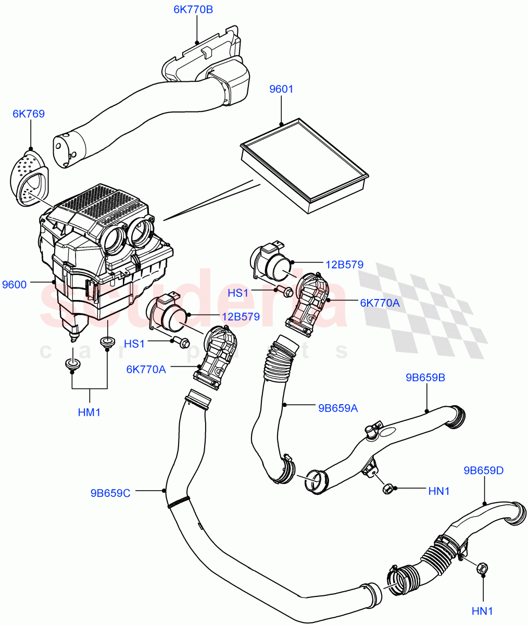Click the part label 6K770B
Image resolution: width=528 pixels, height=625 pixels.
pos(196,9)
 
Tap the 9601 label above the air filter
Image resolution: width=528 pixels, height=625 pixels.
pos(281,89)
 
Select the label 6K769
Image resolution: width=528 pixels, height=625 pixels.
pos(29,114)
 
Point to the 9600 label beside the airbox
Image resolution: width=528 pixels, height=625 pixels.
pos(15,284)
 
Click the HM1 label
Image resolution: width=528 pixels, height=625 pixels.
pos(89,413)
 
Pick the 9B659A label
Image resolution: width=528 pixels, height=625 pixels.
pos(337,408)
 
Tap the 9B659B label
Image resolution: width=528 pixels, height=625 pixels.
pos(425,377)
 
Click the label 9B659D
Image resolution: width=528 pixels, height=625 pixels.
pos(484,471)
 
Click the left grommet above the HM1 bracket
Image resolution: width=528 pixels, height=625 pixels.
pos(72,364)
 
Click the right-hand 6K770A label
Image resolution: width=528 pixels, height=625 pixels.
pos(380,303)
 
